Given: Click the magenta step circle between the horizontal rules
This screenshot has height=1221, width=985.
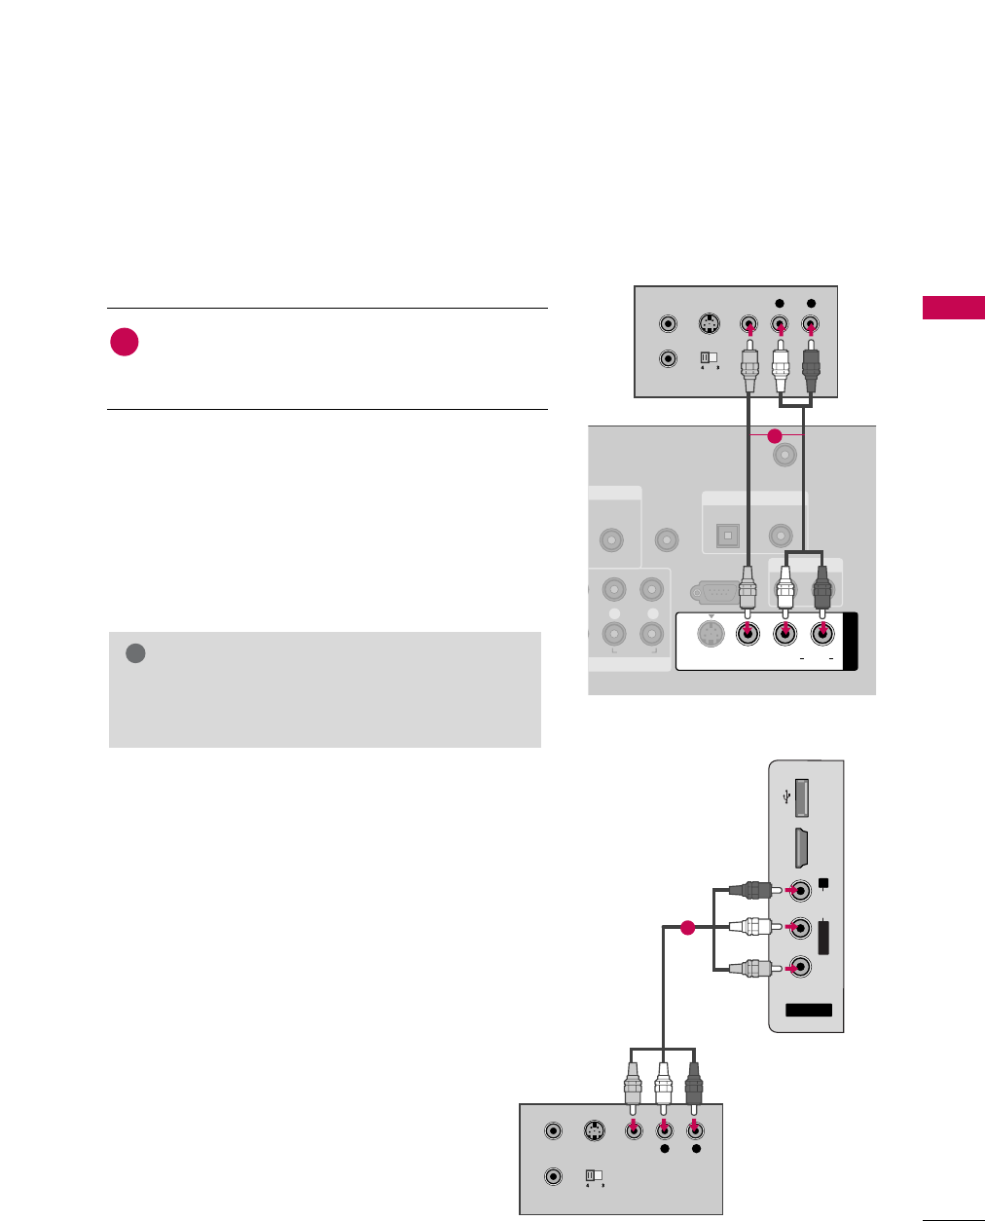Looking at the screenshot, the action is tap(124, 343).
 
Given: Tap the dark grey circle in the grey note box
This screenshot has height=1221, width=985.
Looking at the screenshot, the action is tap(136, 653).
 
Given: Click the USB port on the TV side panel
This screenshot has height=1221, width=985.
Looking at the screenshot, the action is tap(803, 797).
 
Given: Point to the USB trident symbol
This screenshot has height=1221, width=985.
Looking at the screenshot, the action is tap(786, 796).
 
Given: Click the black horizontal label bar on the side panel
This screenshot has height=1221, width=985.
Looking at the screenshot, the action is tap(809, 1010).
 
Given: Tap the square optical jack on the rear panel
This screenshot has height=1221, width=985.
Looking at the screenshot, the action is tap(728, 535).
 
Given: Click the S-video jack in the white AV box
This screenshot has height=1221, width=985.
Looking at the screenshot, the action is tap(711, 635).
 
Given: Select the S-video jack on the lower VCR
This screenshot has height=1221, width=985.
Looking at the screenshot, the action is tap(594, 1131).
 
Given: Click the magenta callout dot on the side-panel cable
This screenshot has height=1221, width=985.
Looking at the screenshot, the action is tap(686, 928).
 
